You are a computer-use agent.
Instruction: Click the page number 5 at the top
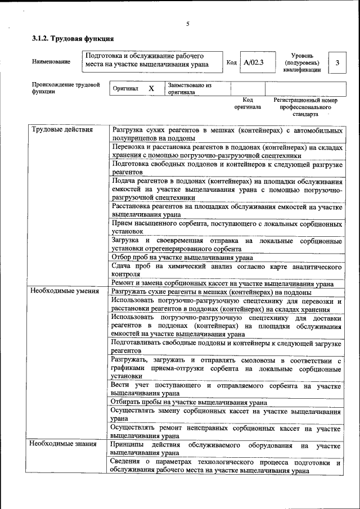[188, 24]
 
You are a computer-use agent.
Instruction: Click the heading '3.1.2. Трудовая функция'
[73, 39]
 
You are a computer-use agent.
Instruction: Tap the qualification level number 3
[337, 62]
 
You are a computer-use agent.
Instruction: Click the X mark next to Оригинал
[151, 89]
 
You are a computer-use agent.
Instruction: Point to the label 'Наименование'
[51, 61]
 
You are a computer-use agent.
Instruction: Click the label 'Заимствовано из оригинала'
[189, 89]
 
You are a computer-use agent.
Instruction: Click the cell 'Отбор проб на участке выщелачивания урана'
[182, 258]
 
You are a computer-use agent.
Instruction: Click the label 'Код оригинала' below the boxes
[247, 103]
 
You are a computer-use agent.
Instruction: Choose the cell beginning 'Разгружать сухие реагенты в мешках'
[211, 292]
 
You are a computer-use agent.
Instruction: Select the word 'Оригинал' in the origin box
[125, 89]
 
